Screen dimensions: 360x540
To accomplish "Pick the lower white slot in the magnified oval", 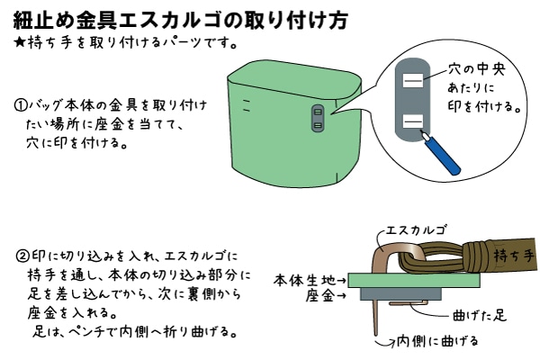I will click(x=412, y=122).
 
